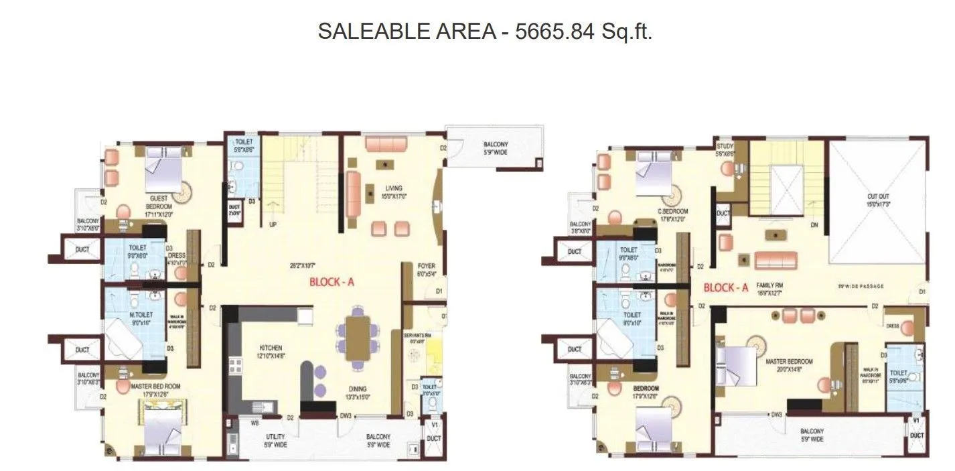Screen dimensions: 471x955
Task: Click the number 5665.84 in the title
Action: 554,31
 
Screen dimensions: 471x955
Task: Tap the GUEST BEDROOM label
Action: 159,198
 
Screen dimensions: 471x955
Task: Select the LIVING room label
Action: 393,188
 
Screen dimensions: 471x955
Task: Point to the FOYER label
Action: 426,266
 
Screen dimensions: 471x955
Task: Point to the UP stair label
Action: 273,225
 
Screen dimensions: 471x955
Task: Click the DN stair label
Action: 814,226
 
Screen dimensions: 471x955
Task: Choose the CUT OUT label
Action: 878,197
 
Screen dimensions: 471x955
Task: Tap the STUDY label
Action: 725,146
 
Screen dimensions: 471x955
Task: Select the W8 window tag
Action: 254,423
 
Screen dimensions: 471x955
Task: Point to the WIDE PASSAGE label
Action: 861,286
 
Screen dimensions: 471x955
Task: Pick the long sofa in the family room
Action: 776,261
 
